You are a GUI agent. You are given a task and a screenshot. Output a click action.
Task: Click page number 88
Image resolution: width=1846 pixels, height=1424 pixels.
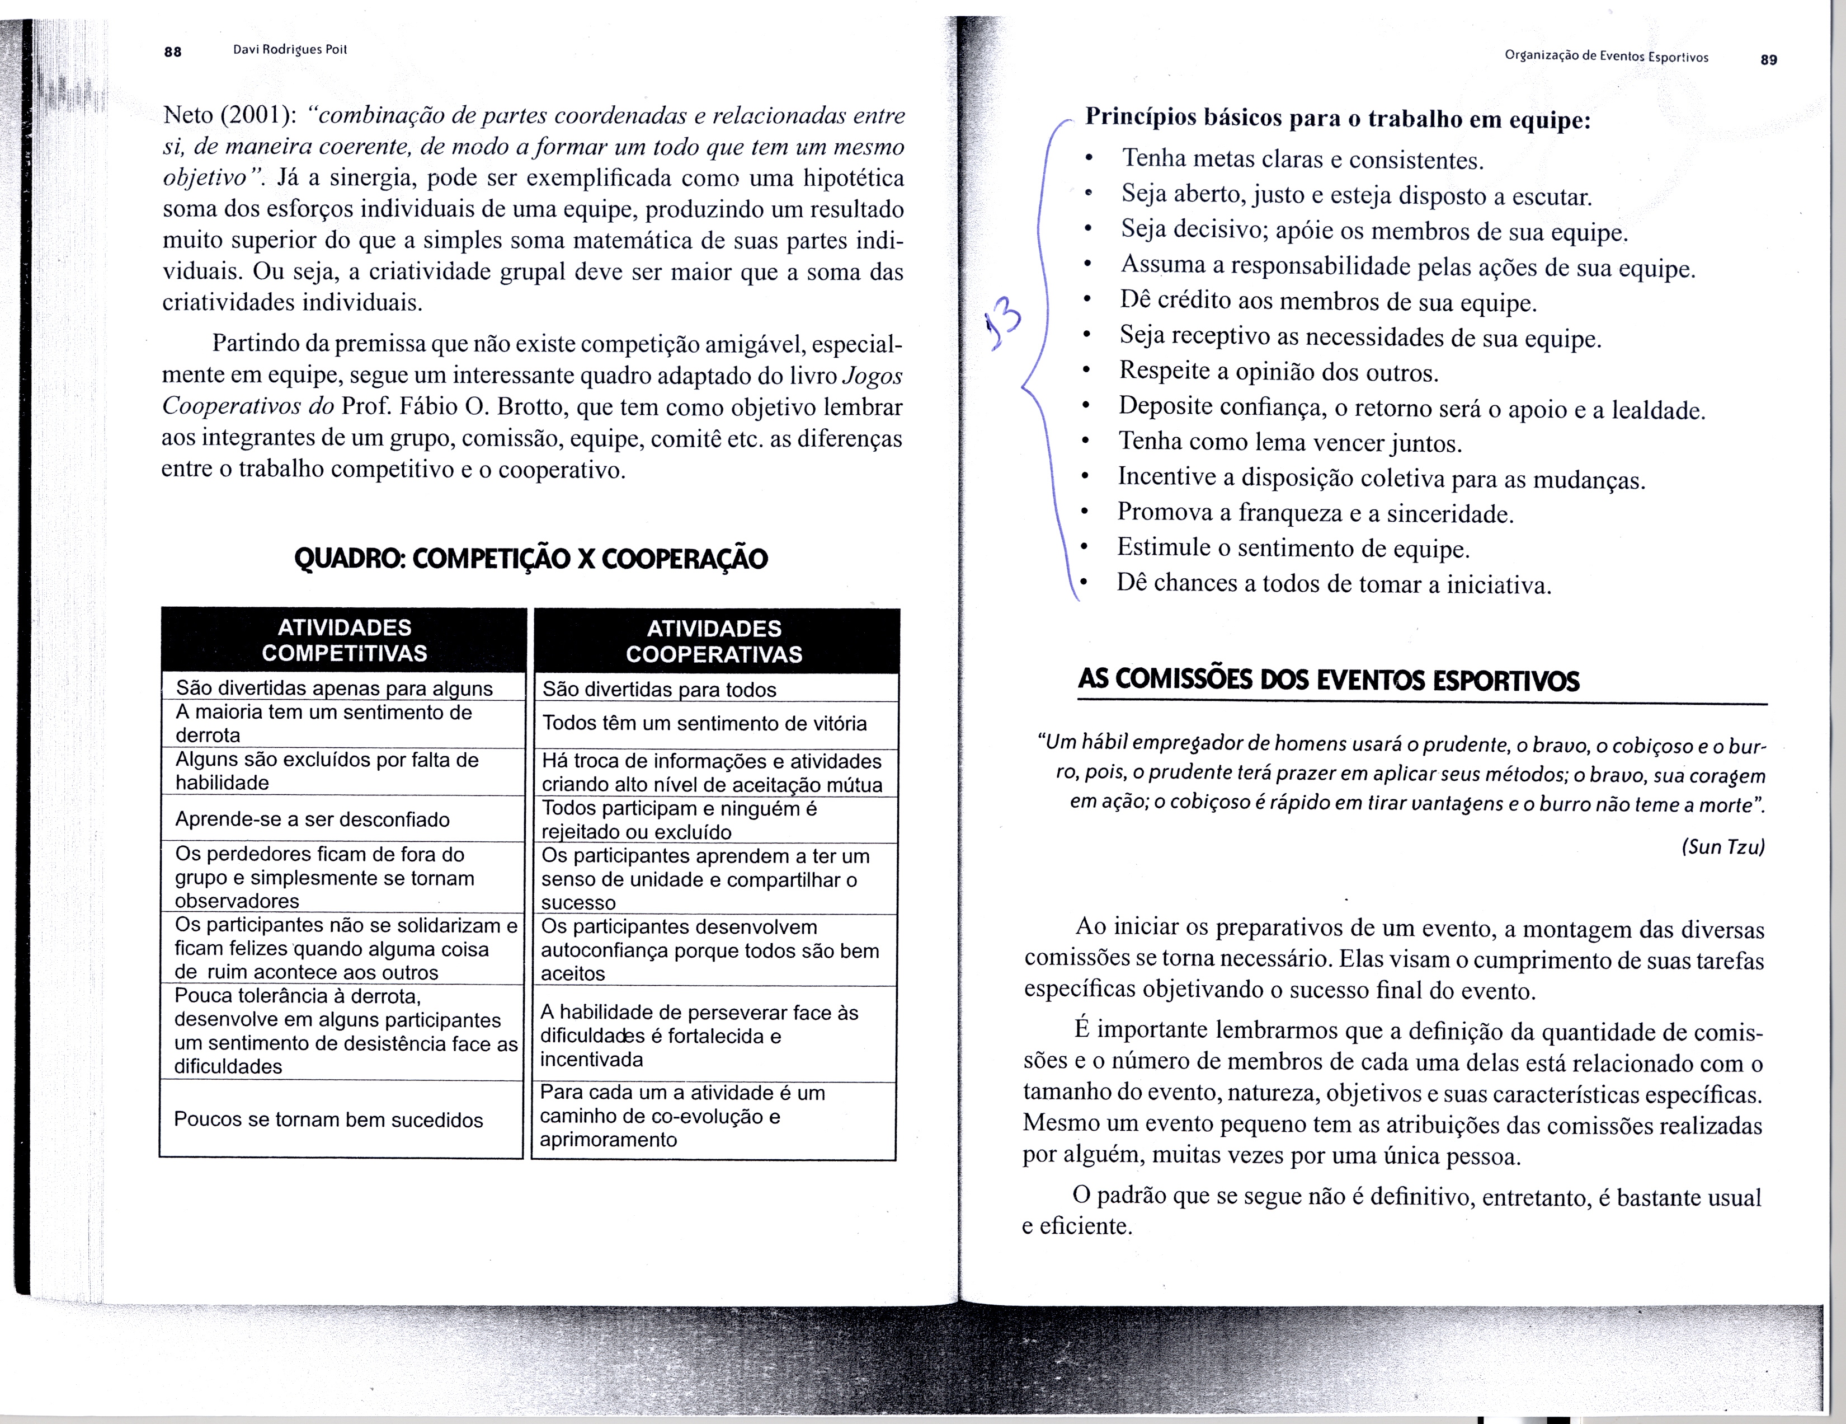click(x=172, y=51)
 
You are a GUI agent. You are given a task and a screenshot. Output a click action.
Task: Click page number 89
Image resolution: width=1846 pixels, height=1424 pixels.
click(x=1768, y=59)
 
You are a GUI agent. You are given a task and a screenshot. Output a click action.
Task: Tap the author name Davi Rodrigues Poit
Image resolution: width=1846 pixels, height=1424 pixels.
click(x=290, y=49)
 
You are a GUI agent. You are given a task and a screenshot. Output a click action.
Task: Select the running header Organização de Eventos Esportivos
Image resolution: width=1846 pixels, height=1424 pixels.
click(x=1606, y=57)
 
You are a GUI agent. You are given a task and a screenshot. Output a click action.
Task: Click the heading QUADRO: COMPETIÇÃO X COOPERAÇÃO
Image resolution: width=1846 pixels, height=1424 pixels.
click(x=531, y=559)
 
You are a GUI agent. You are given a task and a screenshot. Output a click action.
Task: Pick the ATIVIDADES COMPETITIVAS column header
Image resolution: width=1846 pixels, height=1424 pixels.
click(x=344, y=640)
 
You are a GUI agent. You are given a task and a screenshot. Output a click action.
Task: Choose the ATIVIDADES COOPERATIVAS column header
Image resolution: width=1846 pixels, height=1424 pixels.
click(x=714, y=641)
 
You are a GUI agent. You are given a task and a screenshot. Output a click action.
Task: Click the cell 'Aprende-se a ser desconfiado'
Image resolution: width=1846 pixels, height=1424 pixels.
click(x=312, y=818)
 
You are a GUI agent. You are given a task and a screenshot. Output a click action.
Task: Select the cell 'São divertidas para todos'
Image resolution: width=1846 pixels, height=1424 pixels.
click(x=660, y=689)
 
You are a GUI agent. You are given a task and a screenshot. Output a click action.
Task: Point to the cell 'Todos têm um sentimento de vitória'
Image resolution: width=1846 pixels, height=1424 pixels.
click(x=704, y=723)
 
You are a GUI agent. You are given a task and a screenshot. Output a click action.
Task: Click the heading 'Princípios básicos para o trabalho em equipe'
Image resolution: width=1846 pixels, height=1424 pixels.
click(x=1337, y=118)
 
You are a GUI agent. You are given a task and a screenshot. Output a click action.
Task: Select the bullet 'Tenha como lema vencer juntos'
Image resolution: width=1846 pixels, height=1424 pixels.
click(x=1290, y=442)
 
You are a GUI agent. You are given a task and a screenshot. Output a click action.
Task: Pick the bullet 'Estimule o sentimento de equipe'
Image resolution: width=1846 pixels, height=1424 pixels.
click(x=1293, y=548)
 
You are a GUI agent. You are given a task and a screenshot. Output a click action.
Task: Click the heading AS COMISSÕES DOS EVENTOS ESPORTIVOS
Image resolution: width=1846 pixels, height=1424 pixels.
click(x=1328, y=680)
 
